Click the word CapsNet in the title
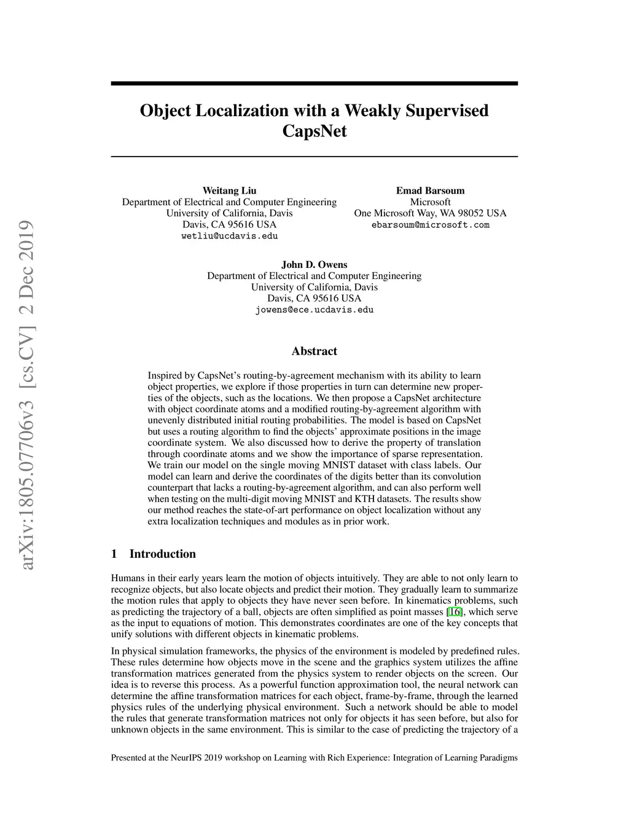point(314,131)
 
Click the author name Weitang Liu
point(229,190)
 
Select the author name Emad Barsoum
point(430,190)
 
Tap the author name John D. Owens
point(314,265)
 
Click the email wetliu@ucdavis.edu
point(229,236)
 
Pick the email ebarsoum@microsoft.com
point(430,225)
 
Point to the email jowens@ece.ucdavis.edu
point(314,310)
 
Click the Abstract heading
point(314,351)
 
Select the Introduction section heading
point(162,554)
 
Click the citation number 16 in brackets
point(455,612)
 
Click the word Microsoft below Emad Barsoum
point(430,202)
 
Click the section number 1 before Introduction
point(114,554)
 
